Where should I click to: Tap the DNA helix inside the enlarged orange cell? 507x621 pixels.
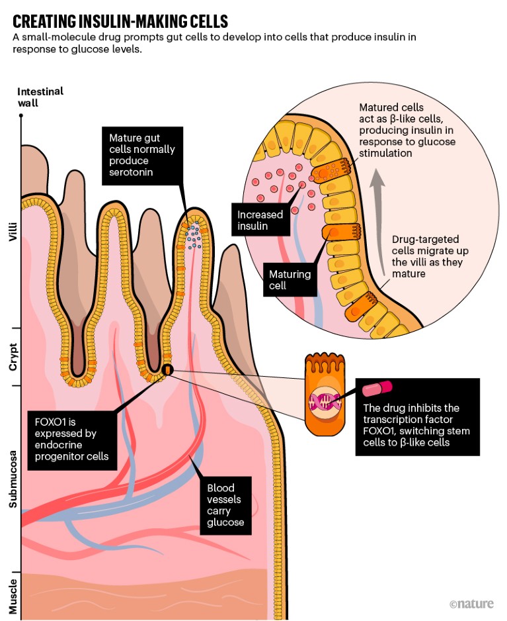coord(323,399)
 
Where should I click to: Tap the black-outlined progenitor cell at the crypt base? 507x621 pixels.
coord(168,369)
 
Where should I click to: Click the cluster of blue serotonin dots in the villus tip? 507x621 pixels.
coord(193,236)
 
